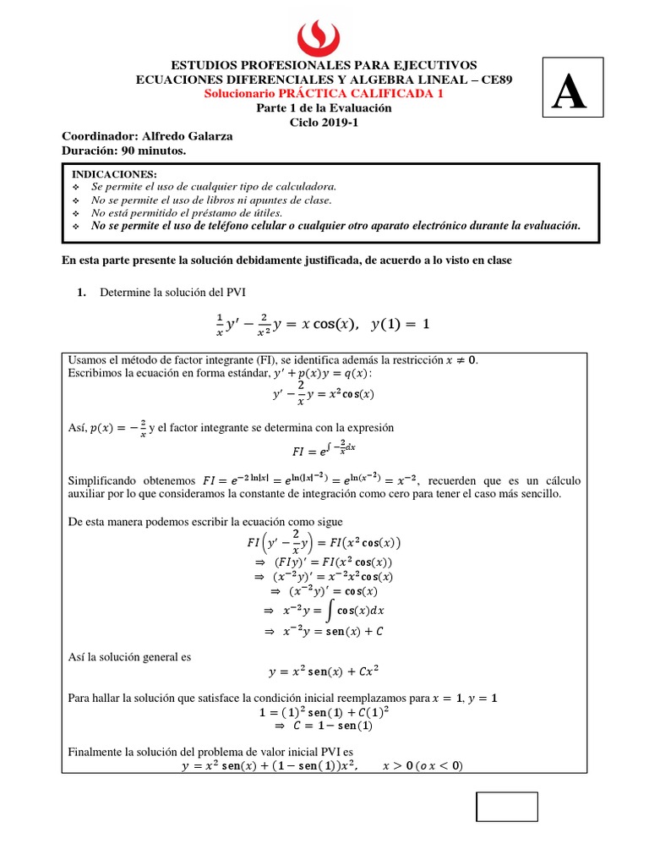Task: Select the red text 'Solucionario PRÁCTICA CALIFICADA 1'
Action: click(x=324, y=94)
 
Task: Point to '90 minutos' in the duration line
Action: click(x=154, y=150)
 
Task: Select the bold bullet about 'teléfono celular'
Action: click(x=335, y=226)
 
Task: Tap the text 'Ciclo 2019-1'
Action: click(x=324, y=122)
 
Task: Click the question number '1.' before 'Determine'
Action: click(x=82, y=292)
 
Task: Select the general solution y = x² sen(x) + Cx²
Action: click(x=324, y=672)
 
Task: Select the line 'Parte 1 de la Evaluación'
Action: click(x=324, y=108)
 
